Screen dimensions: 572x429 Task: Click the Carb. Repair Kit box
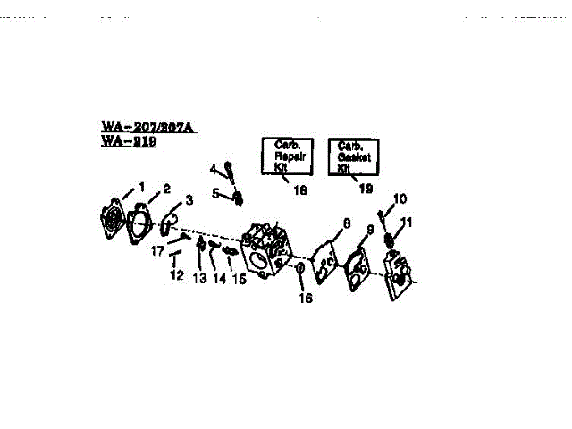287,157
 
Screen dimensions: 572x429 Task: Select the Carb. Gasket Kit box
355,157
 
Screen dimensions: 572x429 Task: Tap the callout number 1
141,187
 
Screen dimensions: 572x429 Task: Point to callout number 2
165,189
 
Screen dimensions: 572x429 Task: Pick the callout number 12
177,275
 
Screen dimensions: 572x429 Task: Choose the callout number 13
198,279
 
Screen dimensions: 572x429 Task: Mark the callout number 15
239,279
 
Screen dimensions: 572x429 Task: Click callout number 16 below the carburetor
307,298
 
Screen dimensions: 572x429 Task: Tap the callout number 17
157,251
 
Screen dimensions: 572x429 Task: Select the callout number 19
365,189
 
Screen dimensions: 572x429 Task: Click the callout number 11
407,222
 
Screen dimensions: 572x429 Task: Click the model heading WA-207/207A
148,128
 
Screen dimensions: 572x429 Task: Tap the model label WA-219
129,141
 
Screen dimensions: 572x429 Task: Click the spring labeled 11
391,239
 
